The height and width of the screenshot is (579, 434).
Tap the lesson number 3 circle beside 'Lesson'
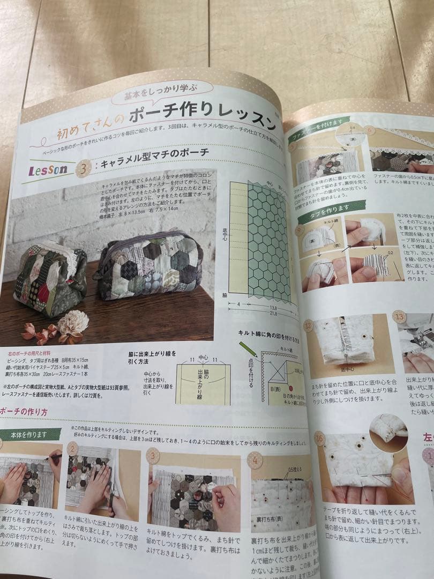83,169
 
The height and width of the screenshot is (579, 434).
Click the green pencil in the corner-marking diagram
249,352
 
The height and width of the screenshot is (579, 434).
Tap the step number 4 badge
255,460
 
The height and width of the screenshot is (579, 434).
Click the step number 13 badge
399,317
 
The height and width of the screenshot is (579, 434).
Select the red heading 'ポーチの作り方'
24,411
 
